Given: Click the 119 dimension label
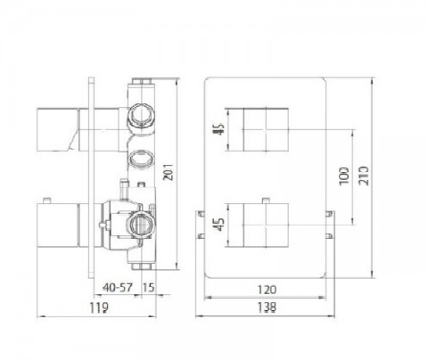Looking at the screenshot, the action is pyautogui.click(x=99, y=307).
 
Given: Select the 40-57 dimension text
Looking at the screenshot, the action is pyautogui.click(x=118, y=287).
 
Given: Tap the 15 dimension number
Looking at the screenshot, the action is pyautogui.click(x=148, y=287).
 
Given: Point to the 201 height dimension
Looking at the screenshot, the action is pyautogui.click(x=169, y=172).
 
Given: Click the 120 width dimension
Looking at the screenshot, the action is pyautogui.click(x=267, y=290).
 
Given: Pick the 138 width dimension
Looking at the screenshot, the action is pyautogui.click(x=267, y=307).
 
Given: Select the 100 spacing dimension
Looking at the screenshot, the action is pyautogui.click(x=344, y=176).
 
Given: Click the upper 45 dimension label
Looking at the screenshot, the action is pyautogui.click(x=220, y=129).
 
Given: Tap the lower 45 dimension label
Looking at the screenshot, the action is pyautogui.click(x=220, y=225).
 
